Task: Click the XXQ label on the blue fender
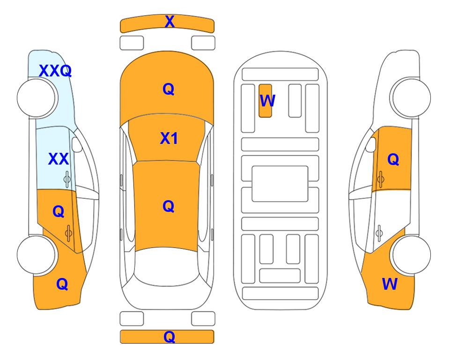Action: (x=55, y=71)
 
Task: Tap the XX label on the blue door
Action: (x=59, y=159)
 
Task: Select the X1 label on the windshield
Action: (x=169, y=138)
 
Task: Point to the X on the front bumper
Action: (x=170, y=21)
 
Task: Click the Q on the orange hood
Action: (x=169, y=89)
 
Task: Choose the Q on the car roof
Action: (x=169, y=206)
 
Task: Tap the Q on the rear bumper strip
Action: (x=170, y=337)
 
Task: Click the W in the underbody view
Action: (x=267, y=101)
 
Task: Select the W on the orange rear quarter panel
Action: (x=390, y=284)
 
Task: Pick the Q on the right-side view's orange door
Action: (x=393, y=159)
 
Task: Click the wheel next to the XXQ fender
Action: (x=37, y=98)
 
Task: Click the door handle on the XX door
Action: (x=67, y=180)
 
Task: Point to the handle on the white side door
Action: (x=379, y=233)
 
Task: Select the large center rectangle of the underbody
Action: (x=280, y=184)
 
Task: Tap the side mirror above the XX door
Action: (x=77, y=144)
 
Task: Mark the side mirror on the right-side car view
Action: (x=371, y=144)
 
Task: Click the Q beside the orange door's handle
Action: (x=59, y=212)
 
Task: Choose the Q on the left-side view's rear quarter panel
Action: (x=62, y=284)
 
